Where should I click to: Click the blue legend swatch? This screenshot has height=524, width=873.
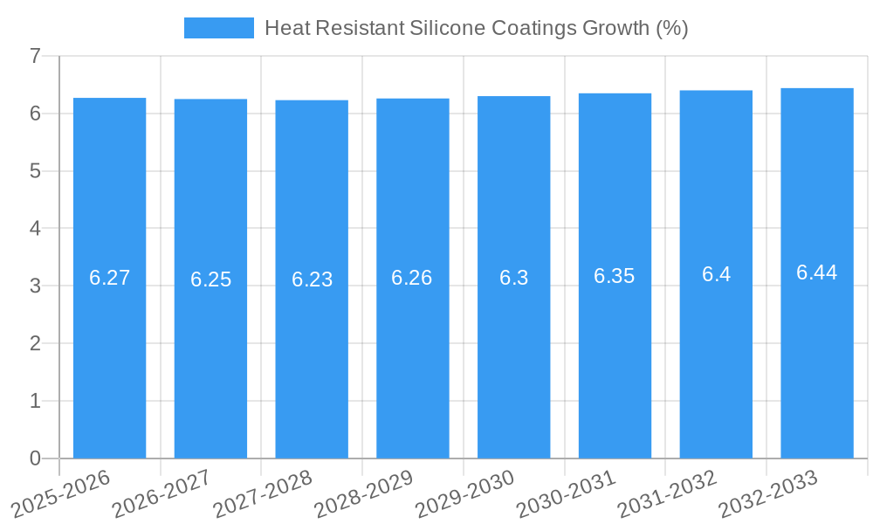[218, 28]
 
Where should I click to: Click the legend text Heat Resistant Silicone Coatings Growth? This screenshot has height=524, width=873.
[476, 28]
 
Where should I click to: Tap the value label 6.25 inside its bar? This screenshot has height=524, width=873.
[210, 279]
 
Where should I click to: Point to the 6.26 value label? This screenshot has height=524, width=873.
[412, 278]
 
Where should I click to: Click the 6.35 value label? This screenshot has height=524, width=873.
[615, 276]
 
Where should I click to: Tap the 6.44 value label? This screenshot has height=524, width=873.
[816, 272]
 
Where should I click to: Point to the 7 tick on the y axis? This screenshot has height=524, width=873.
[35, 56]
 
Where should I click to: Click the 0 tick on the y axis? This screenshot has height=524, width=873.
[35, 458]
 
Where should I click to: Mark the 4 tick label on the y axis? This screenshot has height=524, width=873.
[35, 228]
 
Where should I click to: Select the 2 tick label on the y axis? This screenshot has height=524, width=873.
[35, 343]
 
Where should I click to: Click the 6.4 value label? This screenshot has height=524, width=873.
[716, 274]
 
